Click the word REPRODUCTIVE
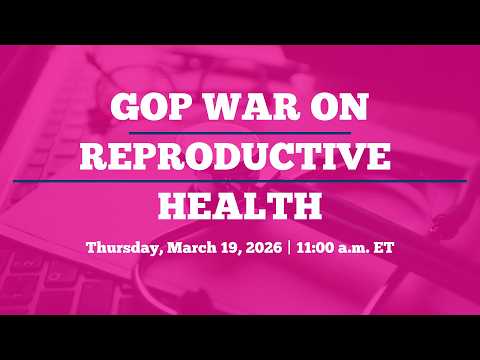tap(239, 157)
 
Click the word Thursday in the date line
tap(121, 247)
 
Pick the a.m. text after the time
tap(355, 247)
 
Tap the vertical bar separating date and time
tap(287, 247)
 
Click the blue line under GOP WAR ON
tap(240, 132)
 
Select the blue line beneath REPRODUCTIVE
tap(240, 180)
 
